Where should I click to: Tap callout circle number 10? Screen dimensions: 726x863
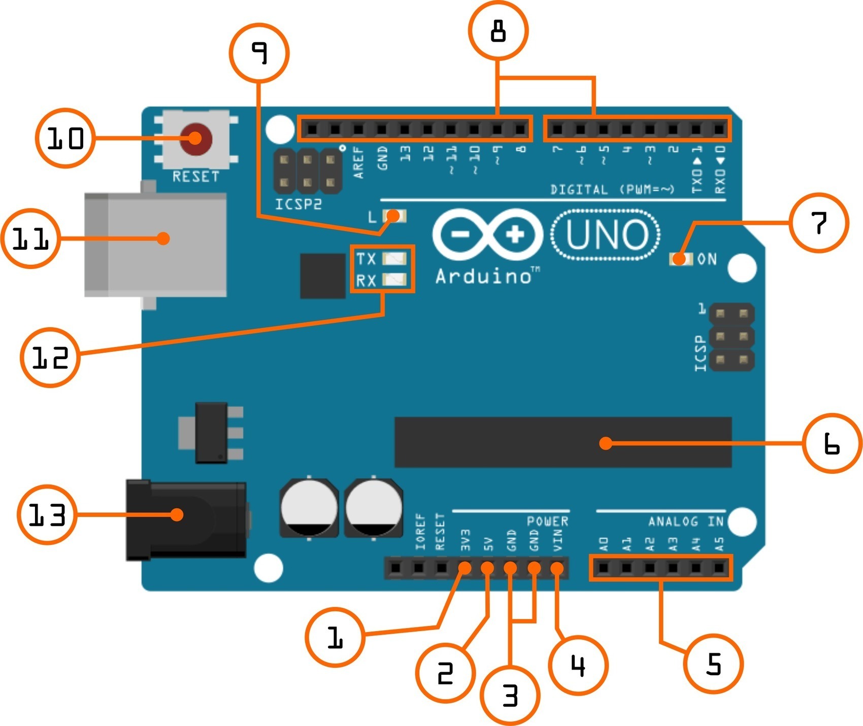(x=65, y=138)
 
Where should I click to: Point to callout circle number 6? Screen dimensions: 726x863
(x=832, y=443)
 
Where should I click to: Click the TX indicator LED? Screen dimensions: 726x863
(x=394, y=259)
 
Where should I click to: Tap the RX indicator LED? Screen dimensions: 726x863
(x=394, y=280)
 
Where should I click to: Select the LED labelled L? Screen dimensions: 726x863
(x=394, y=217)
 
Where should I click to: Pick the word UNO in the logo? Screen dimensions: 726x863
(x=606, y=235)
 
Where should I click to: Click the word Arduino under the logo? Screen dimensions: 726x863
(x=483, y=276)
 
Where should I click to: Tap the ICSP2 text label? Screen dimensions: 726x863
(x=298, y=204)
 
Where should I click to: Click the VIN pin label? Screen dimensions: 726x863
(x=557, y=540)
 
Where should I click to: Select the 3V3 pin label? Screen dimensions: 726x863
(x=465, y=540)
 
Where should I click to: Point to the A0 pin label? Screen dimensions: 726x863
(x=604, y=544)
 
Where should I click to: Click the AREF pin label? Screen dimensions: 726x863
(x=359, y=162)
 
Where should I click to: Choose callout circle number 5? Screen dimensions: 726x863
(x=713, y=663)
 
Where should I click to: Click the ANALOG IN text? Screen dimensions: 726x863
(x=685, y=522)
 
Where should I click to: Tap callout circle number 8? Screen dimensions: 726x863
(x=498, y=30)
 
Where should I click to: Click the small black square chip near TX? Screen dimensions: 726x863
(x=323, y=276)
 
